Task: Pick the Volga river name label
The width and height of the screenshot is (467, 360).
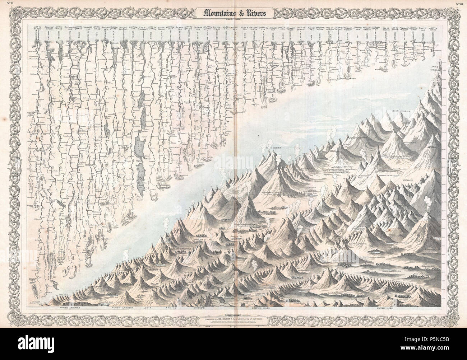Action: click(134, 36)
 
